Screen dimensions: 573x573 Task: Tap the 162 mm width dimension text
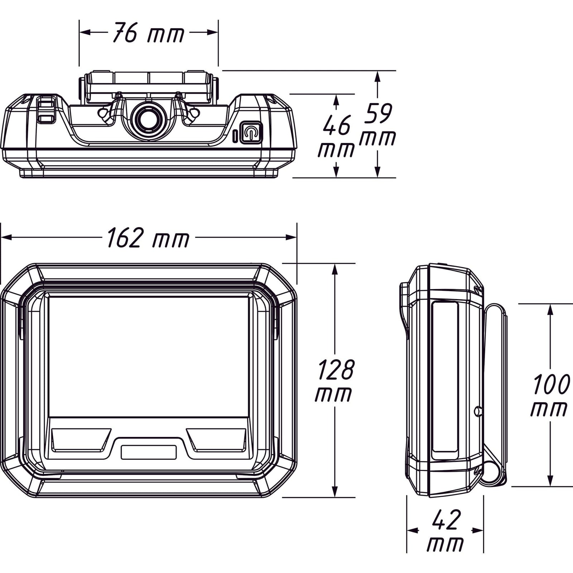tap(148, 238)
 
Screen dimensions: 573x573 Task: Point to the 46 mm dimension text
tap(336, 136)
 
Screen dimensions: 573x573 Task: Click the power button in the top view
tap(251, 133)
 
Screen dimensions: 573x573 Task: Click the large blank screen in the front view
tap(149, 357)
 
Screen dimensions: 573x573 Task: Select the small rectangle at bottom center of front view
tap(149, 452)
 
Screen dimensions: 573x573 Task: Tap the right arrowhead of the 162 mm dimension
tap(291, 237)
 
